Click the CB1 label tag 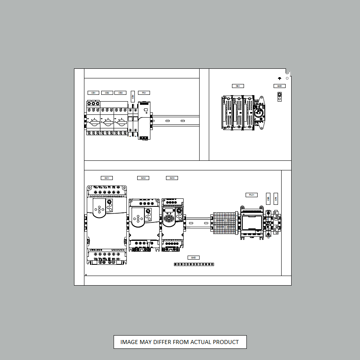point(93,93)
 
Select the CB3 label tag point(120,93)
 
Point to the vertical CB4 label point(133,97)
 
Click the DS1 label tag point(238,86)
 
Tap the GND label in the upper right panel point(280,86)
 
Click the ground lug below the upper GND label point(280,96)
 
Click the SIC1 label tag point(106,178)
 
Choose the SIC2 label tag point(143,178)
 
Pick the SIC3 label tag point(172,178)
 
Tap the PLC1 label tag point(252,195)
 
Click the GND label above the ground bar point(193,258)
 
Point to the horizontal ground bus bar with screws point(194,264)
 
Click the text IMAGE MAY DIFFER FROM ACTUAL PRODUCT point(180,342)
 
